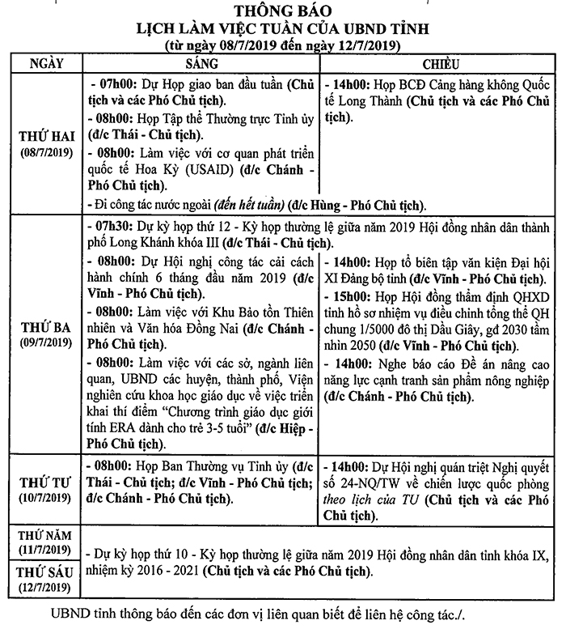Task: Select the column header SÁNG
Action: pos(202,63)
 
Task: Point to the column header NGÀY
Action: pos(46,63)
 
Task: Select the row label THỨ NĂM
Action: pos(46,535)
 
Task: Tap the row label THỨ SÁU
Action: pos(46,572)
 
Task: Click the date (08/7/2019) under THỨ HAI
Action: pos(46,152)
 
